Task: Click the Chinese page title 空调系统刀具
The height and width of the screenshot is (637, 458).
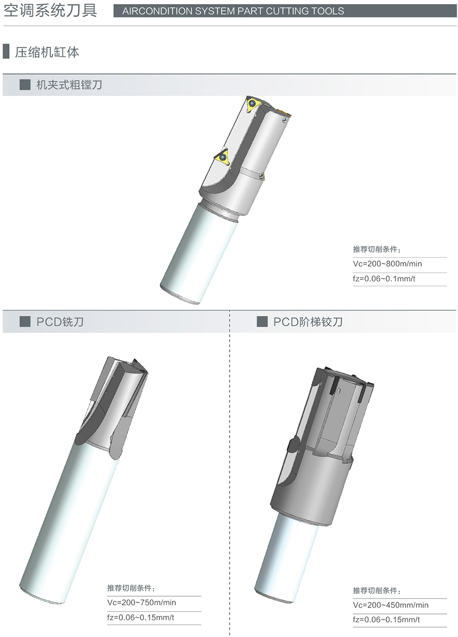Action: [x=50, y=11]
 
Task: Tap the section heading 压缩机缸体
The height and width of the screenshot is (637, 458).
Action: [x=47, y=52]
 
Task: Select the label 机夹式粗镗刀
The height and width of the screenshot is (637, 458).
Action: [x=69, y=85]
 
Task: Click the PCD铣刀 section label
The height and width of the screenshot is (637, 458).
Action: [x=60, y=322]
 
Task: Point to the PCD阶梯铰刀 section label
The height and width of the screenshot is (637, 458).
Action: [x=308, y=322]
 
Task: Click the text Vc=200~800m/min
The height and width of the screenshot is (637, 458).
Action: [x=387, y=264]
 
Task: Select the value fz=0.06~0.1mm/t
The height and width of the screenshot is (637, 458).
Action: [x=384, y=279]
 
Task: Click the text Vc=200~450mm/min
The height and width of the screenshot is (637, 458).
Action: [x=391, y=605]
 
